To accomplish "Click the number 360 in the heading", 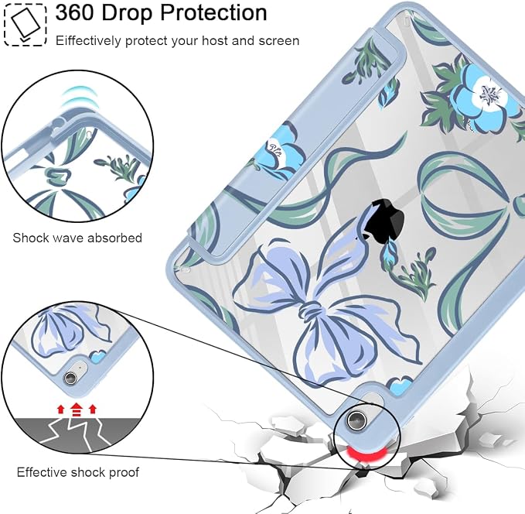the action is (75, 12).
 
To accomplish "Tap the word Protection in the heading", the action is (213, 12).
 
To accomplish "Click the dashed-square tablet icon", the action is (25, 25).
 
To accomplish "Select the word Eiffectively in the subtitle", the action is (88, 40).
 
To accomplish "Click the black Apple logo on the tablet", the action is (384, 218).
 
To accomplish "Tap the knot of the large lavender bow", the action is (311, 311).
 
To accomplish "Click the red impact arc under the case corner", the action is (366, 454).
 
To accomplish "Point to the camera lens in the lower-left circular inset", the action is (70, 378).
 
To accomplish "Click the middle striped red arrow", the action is (77, 409).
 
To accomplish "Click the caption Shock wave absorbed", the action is (77, 238).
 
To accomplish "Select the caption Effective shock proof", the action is (77, 472).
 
